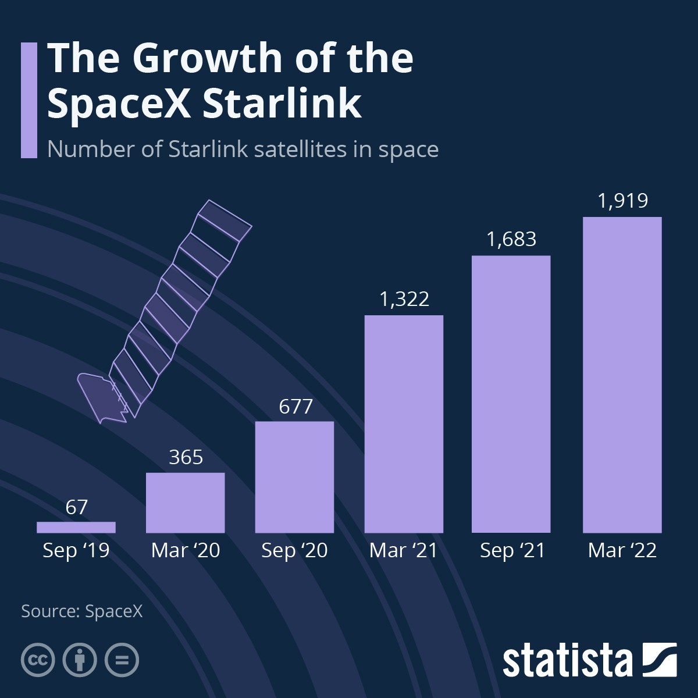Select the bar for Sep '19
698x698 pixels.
[x=76, y=527]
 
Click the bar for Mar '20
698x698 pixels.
[x=185, y=503]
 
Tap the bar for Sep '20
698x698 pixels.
[x=294, y=477]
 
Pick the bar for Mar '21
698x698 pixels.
[x=404, y=424]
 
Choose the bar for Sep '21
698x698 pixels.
[x=511, y=394]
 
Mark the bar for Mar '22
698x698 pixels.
[x=622, y=375]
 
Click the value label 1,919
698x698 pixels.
[x=622, y=201]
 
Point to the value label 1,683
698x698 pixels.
[x=511, y=239]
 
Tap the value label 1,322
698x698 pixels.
[x=404, y=299]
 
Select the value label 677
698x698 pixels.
[x=295, y=406]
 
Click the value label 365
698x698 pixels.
[x=186, y=457]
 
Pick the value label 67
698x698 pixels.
[x=76, y=507]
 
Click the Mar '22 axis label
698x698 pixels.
[x=622, y=550]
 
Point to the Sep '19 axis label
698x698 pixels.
[x=76, y=550]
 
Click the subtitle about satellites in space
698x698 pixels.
[x=243, y=149]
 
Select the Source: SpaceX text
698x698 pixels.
[x=81, y=611]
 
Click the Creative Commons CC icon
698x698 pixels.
[x=38, y=660]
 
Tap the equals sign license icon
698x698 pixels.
[x=122, y=660]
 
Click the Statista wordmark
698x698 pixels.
[x=567, y=661]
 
